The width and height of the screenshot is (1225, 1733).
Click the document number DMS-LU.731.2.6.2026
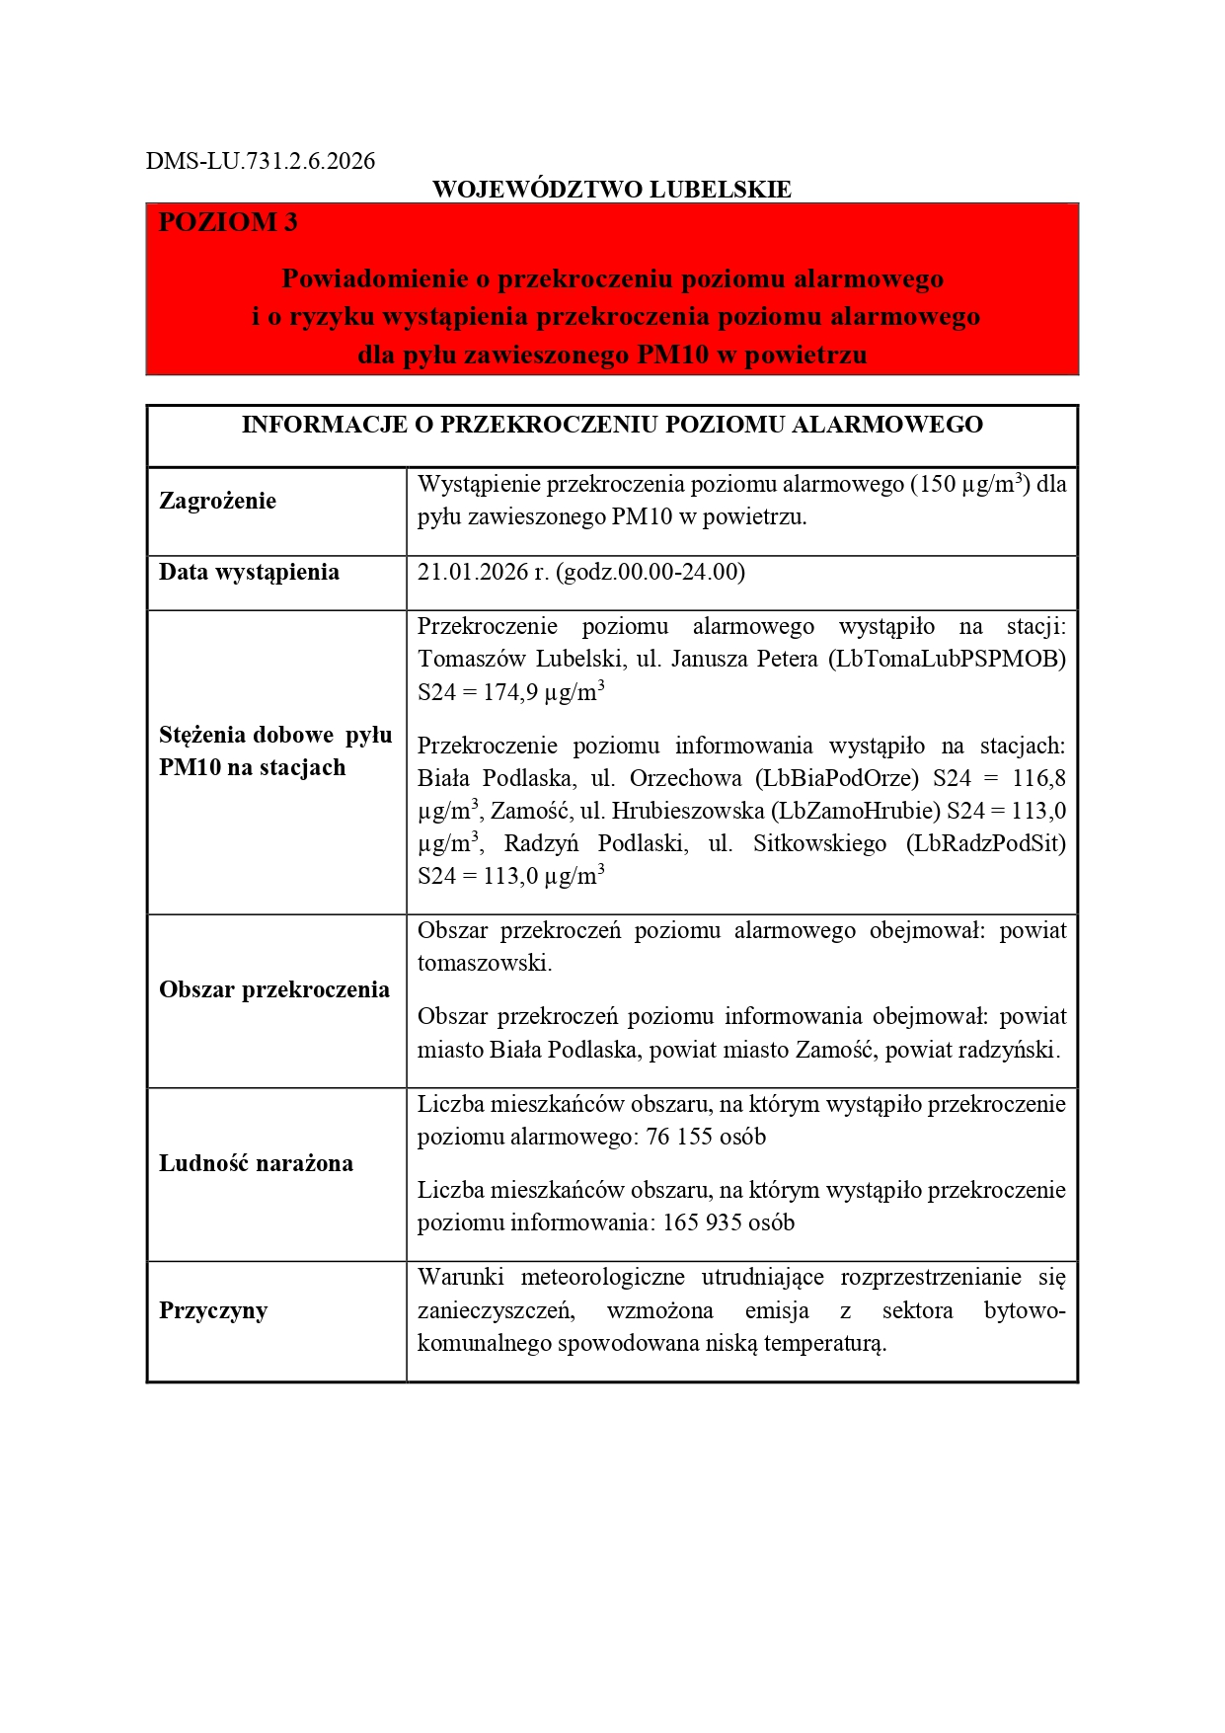pyautogui.click(x=261, y=161)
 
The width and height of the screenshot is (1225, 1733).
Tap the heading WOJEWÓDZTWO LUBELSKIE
pyautogui.click(x=611, y=190)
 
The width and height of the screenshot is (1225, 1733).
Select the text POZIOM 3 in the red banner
pyautogui.click(x=228, y=222)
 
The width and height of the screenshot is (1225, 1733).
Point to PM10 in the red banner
pyautogui.click(x=673, y=354)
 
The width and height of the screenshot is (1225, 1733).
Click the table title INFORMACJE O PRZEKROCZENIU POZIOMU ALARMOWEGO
pyautogui.click(x=611, y=426)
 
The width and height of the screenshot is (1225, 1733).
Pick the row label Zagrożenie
pyautogui.click(x=217, y=501)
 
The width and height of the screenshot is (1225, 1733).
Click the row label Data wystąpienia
pyautogui.click(x=249, y=573)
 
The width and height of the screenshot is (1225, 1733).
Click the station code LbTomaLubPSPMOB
pyautogui.click(x=945, y=660)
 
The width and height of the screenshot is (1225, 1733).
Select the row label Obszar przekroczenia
pyautogui.click(x=273, y=990)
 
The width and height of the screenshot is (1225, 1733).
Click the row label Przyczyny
pyautogui.click(x=212, y=1311)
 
